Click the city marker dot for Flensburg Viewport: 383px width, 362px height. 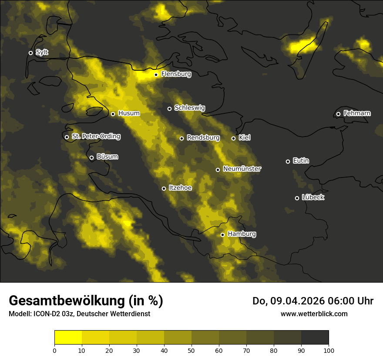click(x=156, y=75)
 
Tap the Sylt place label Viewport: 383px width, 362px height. click(x=42, y=52)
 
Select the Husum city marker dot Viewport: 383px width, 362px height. click(x=113, y=114)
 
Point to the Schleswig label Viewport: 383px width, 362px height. click(x=190, y=108)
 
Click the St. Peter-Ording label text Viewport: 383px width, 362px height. click(x=96, y=137)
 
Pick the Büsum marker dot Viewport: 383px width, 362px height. click(x=91, y=157)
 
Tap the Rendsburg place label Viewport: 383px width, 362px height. click(x=203, y=138)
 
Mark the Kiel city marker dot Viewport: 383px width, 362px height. click(x=233, y=138)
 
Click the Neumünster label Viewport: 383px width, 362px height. click(x=242, y=169)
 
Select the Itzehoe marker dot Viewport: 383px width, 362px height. click(x=164, y=188)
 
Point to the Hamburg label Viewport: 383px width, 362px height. click(x=242, y=234)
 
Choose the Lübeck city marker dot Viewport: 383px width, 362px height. click(x=297, y=198)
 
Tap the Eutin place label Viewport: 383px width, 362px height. click(x=301, y=161)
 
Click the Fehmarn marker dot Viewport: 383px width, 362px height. click(x=338, y=114)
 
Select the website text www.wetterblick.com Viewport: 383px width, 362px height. click(x=314, y=314)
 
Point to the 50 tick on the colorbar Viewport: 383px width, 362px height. click(x=191, y=350)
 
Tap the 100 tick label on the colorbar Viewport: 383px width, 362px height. click(x=329, y=350)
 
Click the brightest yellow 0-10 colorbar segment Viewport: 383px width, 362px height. click(x=68, y=338)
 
